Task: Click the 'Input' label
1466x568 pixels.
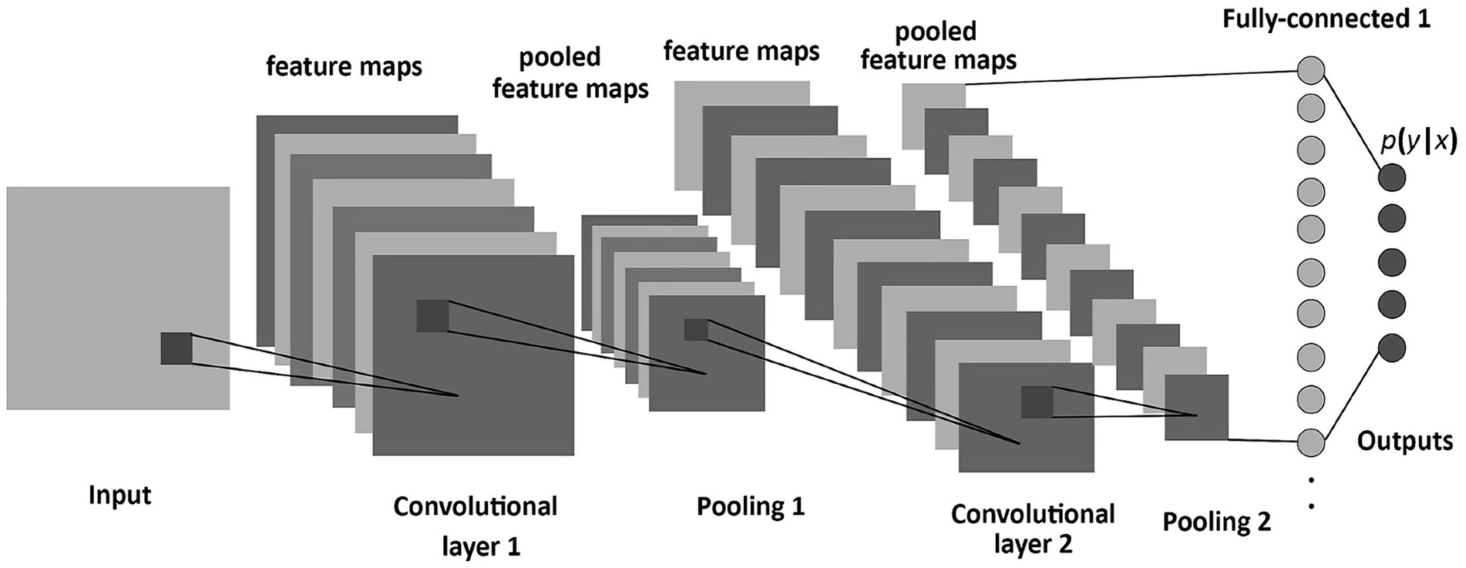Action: click(x=119, y=495)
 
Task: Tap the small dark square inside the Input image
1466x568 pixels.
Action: click(x=177, y=348)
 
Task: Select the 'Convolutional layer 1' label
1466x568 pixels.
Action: click(x=476, y=526)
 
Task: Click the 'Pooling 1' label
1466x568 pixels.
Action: click(x=750, y=506)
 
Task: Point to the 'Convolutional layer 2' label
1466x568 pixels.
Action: click(x=1032, y=529)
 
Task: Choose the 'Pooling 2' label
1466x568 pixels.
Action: click(x=1216, y=522)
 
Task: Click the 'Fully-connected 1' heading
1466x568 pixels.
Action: click(x=1326, y=19)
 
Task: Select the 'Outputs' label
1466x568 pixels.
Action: click(x=1404, y=442)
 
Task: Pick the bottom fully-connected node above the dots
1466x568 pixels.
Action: click(x=1311, y=442)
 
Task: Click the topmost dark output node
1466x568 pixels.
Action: click(x=1391, y=178)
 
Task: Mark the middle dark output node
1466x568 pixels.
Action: click(x=1391, y=260)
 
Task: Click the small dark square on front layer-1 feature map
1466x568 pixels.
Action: click(x=432, y=316)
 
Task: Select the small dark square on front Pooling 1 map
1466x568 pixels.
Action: click(x=696, y=330)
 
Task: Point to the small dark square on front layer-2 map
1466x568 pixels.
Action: click(x=1037, y=402)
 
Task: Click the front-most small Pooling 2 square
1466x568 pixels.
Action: click(x=1195, y=408)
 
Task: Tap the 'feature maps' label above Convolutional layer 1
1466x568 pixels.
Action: click(x=344, y=67)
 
